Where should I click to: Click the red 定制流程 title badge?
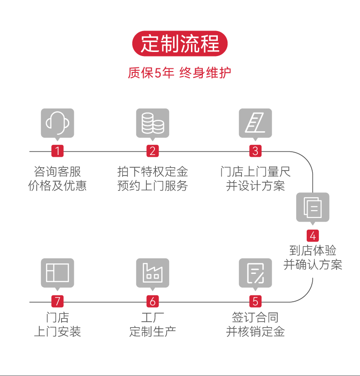point(180,44)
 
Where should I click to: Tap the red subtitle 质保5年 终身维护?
point(180,73)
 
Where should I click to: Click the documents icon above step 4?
point(313,207)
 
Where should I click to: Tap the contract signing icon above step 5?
point(255,273)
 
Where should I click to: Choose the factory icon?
point(153,273)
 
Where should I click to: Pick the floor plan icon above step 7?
point(57,273)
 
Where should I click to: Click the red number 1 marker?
point(57,151)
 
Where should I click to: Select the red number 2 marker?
point(153,151)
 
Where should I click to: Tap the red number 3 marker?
point(255,151)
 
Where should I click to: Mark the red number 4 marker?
point(313,236)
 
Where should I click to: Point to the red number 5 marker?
point(255,301)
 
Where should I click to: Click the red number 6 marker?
point(153,301)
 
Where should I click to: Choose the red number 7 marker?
point(57,301)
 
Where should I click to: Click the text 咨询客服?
point(57,172)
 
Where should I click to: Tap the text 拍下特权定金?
point(153,172)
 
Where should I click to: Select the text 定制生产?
point(153,331)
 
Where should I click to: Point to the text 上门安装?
point(57,331)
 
